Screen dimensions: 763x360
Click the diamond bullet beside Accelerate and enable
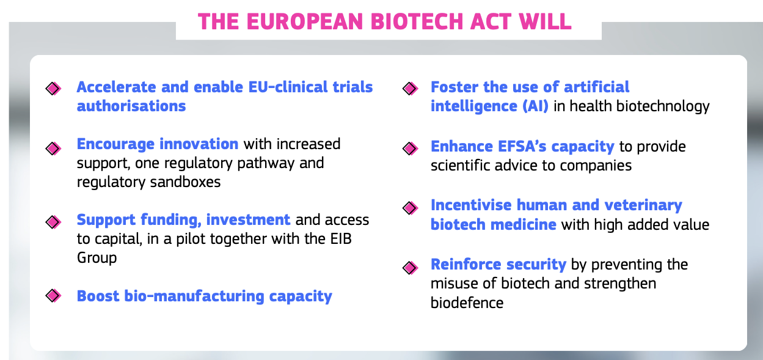[x=53, y=89]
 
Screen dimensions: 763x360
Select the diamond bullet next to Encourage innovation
[x=53, y=149]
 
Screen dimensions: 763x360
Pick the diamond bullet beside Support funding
[x=53, y=222]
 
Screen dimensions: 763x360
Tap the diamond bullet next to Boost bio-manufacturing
[x=53, y=296]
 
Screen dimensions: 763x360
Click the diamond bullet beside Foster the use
[x=410, y=89]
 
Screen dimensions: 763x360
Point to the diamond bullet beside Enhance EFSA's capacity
[x=410, y=149]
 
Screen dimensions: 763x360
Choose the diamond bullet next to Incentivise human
[x=410, y=208]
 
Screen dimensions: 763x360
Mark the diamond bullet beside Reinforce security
[x=410, y=268]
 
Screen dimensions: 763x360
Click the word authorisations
[x=131, y=106]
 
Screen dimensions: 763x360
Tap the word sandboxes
[x=185, y=182]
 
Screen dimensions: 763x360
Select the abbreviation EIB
[x=341, y=238]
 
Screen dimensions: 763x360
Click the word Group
[x=97, y=258]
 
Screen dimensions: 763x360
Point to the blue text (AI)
[x=536, y=106]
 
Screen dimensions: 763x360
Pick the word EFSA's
[x=522, y=146]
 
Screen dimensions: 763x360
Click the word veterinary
[x=643, y=205]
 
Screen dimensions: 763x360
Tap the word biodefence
[x=467, y=303]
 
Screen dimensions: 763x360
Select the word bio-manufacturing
[x=194, y=296]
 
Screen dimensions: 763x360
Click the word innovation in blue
[x=199, y=144]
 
